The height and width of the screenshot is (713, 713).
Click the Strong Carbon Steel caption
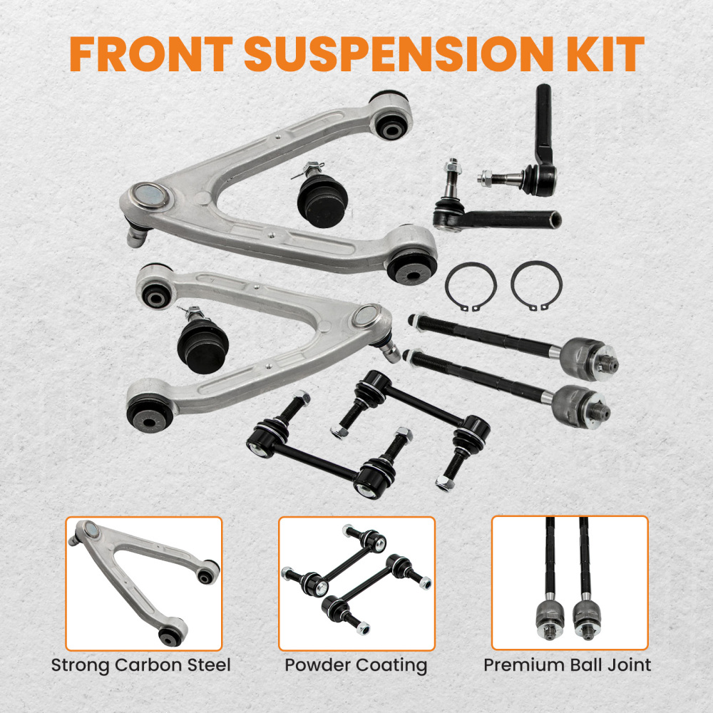click(x=141, y=666)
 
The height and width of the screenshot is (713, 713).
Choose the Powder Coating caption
click(x=356, y=666)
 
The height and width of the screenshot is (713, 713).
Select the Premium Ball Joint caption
click(x=568, y=666)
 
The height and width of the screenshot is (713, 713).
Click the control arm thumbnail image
click(x=144, y=583)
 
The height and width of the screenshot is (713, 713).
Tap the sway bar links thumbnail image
click(x=356, y=583)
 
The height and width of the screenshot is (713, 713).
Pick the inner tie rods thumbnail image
click(x=570, y=583)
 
